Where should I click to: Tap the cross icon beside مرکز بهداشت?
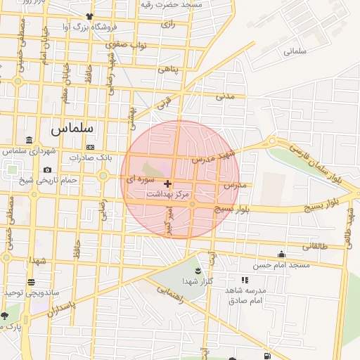[167, 184]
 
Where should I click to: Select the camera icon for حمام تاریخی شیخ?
[47, 169]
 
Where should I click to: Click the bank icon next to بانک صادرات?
[90, 146]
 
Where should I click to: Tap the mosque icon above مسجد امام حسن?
[282, 254]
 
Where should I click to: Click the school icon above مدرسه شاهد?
[245, 280]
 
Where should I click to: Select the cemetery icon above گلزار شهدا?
[196, 271]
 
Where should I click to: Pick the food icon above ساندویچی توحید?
[31, 282]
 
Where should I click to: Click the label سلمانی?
[295, 51]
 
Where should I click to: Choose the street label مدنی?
[225, 95]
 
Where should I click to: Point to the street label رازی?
[167, 24]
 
